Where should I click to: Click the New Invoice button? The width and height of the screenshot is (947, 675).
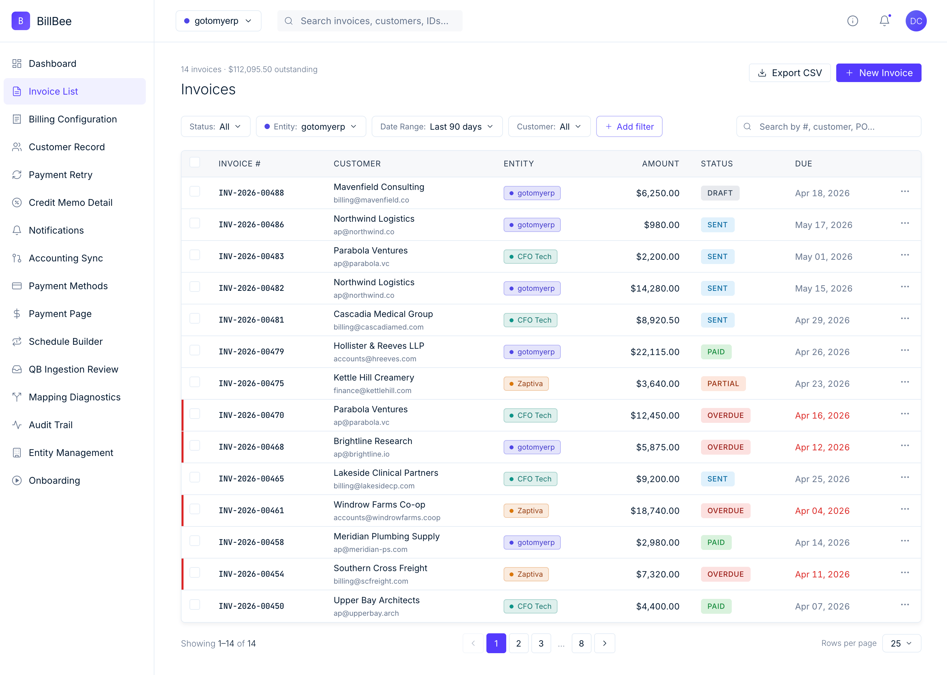tap(879, 73)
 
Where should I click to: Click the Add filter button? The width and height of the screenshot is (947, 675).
tap(629, 126)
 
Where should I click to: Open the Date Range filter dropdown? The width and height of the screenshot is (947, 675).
tap(437, 126)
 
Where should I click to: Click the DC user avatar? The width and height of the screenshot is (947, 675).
tap(916, 21)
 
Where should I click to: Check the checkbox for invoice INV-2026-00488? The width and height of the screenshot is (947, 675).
tap(195, 191)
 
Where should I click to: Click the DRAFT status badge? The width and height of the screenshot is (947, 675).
tap(720, 193)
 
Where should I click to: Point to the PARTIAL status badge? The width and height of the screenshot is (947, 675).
tap(723, 383)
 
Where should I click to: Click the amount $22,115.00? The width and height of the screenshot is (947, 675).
tap(655, 352)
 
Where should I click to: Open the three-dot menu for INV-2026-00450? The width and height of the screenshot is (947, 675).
tap(905, 605)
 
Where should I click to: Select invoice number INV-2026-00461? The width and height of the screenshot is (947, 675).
tap(251, 511)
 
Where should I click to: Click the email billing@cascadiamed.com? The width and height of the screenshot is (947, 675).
tap(378, 327)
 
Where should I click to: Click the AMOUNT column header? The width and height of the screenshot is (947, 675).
tap(660, 164)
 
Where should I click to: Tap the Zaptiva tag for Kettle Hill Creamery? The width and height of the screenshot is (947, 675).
tap(526, 383)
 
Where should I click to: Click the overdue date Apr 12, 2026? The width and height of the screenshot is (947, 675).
tap(822, 447)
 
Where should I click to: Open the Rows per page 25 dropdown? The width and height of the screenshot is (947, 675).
tap(901, 644)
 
